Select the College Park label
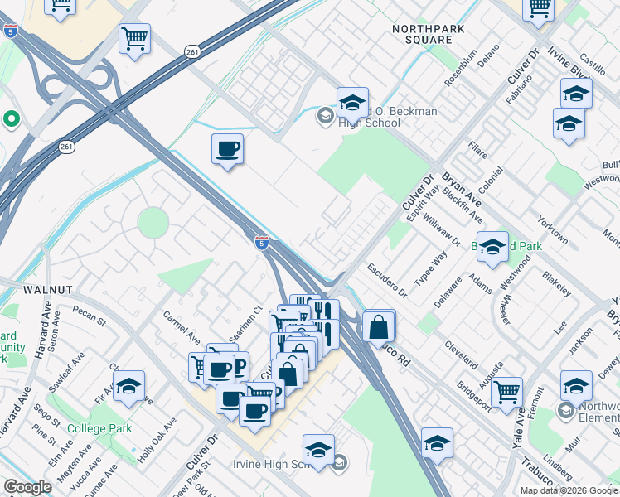click(x=99, y=429)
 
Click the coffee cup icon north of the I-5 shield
click(x=227, y=150)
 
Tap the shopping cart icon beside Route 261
click(x=134, y=38)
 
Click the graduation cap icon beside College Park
click(x=128, y=386)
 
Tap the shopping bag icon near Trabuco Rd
click(x=378, y=326)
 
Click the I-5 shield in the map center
click(x=261, y=242)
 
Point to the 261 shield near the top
click(x=192, y=51)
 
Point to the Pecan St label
click(x=89, y=316)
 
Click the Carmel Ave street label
click(x=182, y=327)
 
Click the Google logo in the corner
click(x=28, y=487)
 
